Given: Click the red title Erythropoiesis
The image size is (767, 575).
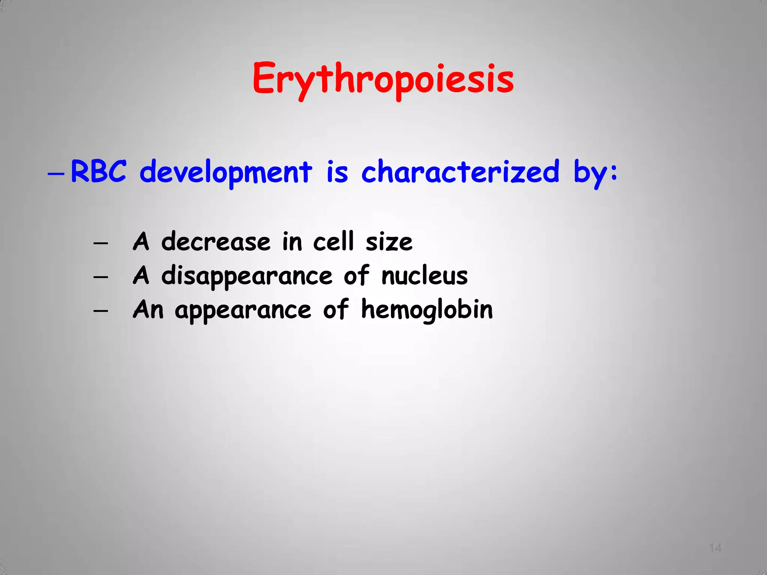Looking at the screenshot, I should click(x=383, y=79).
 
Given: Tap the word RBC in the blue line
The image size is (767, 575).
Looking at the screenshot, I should click(x=98, y=171).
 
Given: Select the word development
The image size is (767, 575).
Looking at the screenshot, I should click(x=225, y=172).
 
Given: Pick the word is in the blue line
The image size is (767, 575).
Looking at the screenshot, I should click(x=337, y=172).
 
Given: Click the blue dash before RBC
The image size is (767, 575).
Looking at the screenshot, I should click(x=56, y=174).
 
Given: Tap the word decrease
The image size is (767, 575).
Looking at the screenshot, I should click(x=216, y=241).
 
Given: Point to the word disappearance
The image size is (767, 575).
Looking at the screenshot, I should click(x=247, y=276).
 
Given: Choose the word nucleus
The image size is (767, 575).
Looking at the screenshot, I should click(x=425, y=276).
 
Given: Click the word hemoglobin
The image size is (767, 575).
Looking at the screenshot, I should click(x=427, y=310).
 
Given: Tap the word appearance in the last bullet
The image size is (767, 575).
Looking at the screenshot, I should click(x=243, y=311).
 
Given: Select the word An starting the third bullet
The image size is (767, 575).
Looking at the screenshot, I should click(x=148, y=310).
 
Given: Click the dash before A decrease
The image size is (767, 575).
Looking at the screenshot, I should click(x=101, y=243).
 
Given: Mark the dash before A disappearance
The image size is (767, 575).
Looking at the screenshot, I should click(x=101, y=277).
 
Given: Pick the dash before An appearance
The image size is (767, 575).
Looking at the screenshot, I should click(x=101, y=311).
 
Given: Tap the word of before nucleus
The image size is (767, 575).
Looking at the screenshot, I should click(x=356, y=276).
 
